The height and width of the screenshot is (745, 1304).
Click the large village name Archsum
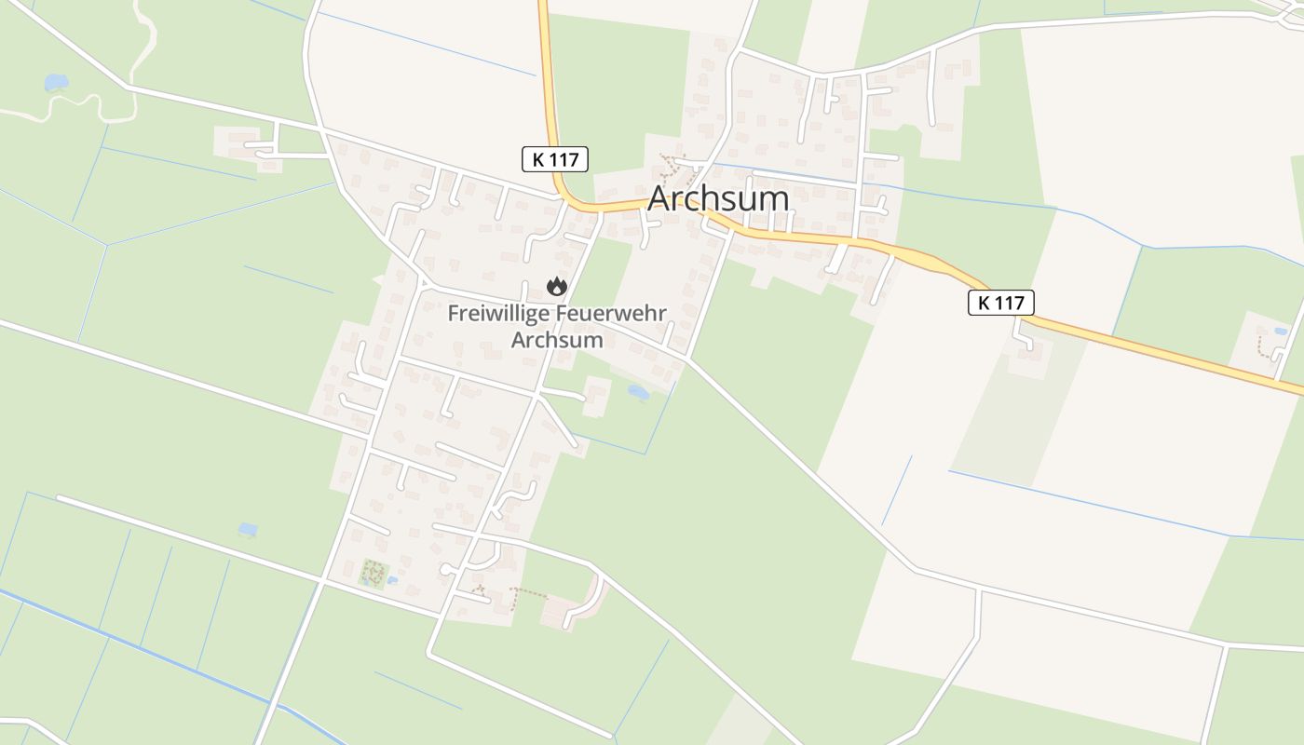click(718, 198)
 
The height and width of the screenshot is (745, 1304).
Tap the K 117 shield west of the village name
click(555, 159)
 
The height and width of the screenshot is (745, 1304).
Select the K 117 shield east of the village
click(1001, 302)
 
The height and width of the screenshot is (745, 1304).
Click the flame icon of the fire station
click(557, 286)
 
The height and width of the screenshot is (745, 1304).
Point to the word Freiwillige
click(498, 313)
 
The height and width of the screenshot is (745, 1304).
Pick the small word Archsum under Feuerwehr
click(557, 340)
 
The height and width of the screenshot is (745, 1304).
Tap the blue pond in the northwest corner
click(56, 83)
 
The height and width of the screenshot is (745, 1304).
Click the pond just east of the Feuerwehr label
click(638, 392)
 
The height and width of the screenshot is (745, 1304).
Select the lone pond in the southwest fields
click(247, 529)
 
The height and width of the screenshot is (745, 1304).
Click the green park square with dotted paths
click(374, 574)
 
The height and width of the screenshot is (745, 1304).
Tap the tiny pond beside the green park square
click(393, 580)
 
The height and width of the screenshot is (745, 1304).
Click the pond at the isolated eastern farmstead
click(1282, 331)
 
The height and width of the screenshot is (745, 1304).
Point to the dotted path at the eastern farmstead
click(1263, 346)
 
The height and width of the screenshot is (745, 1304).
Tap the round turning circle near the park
click(446, 569)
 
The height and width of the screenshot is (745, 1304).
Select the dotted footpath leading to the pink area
click(529, 590)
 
